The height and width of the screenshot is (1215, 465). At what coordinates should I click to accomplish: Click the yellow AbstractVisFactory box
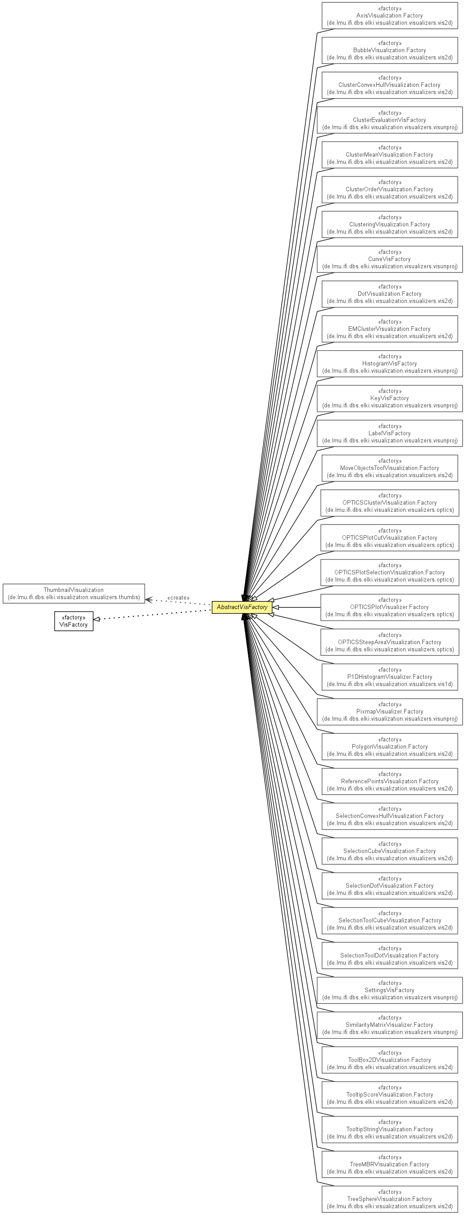pos(242,607)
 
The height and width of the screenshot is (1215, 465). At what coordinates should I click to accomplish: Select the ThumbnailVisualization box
pos(73,593)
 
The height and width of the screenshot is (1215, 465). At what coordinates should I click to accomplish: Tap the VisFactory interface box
pos(73,621)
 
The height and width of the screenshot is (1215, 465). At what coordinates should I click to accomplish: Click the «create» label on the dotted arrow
pos(178,597)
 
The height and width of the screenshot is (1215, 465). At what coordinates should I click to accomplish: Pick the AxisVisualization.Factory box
pos(389,16)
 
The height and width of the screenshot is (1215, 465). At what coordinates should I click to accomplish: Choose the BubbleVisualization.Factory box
pos(389,50)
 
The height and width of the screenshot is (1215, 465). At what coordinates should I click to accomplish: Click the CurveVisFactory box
pos(389,259)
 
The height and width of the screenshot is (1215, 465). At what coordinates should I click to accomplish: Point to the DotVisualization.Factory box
pos(389,294)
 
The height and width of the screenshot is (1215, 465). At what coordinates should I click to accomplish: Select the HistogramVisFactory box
pos(389,364)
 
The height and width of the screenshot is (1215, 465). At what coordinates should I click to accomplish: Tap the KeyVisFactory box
pos(389,398)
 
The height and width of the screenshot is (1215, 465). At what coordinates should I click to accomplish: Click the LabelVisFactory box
pos(389,434)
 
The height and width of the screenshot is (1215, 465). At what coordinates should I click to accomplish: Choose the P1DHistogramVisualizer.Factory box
pos(389,677)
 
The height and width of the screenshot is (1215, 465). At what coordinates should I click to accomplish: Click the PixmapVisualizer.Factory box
pos(389,712)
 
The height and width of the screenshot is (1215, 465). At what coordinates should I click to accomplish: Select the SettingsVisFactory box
pos(389,990)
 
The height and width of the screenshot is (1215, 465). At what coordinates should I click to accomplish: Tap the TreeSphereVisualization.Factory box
pos(389,1199)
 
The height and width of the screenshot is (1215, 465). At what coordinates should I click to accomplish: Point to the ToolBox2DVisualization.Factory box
pos(389,1060)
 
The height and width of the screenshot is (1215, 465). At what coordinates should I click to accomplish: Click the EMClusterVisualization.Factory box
pos(389,329)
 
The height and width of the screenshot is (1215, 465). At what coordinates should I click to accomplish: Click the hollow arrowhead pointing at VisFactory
pos(97,619)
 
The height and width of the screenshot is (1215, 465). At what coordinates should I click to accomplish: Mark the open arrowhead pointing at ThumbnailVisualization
pos(148,600)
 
